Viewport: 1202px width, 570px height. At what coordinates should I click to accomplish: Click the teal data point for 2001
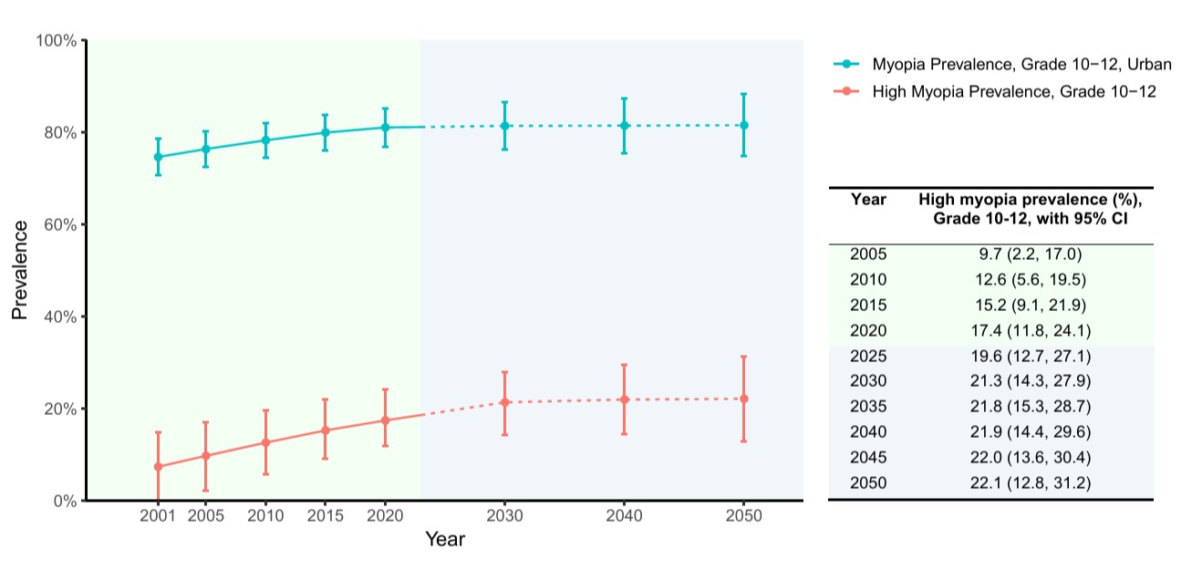158,157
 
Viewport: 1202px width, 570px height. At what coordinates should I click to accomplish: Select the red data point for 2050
744,399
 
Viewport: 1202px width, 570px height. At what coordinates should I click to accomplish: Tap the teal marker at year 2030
504,126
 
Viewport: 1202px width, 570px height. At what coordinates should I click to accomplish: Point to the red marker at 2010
265,442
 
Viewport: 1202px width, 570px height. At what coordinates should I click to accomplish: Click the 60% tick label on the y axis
60,225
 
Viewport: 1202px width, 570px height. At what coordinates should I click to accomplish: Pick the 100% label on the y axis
57,41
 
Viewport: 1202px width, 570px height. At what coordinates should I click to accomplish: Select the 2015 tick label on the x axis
326,516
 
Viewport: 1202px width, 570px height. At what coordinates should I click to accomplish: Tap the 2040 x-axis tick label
624,516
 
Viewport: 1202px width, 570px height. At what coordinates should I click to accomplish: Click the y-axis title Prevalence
20,270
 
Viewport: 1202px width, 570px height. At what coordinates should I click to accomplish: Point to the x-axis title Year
445,539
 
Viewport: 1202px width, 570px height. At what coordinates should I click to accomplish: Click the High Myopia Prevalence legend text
1014,92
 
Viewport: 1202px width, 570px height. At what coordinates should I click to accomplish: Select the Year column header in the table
868,199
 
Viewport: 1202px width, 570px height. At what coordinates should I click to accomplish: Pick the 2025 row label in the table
868,356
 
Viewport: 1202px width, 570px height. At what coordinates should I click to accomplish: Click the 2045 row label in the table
868,457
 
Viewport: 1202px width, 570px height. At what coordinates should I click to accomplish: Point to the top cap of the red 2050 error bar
744,357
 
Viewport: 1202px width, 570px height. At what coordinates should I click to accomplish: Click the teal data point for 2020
385,127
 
